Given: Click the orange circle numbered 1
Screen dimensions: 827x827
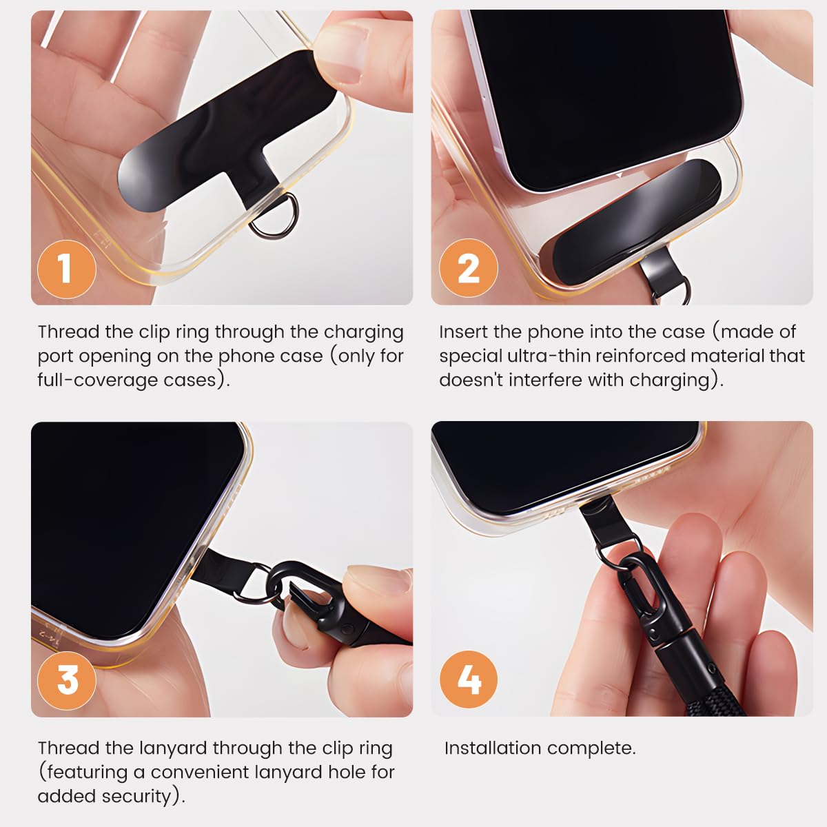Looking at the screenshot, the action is pos(67,269).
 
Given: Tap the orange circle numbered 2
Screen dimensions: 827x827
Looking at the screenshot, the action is pos(468,268).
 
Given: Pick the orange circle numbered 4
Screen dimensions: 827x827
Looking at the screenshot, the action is pos(468,680).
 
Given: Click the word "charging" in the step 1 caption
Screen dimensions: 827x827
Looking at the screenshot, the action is pos(363,333).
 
